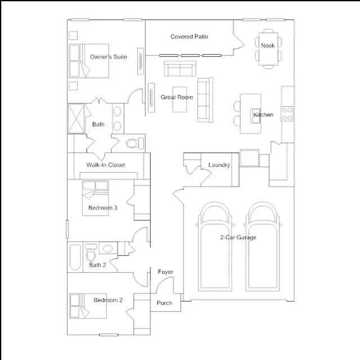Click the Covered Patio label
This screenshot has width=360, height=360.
coord(189,37)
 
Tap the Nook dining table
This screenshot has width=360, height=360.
coord(268,49)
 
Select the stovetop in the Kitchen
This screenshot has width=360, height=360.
coord(287,114)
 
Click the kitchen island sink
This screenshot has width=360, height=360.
coord(255,116)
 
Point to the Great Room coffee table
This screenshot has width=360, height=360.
coord(179,100)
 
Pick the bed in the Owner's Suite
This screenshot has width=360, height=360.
coord(89,61)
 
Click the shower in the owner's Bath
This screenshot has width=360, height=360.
coord(76,119)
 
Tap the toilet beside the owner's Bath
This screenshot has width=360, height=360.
coord(135,143)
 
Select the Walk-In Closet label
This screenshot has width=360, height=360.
coord(106,165)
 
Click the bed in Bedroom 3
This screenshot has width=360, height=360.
coord(96,198)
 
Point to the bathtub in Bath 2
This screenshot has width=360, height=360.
coord(75,257)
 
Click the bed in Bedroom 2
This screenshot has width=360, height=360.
coord(88,306)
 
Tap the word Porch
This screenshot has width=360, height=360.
coord(164,303)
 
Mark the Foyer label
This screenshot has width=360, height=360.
coord(165,272)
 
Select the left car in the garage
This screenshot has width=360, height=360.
coord(215,246)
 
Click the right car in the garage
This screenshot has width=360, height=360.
coord(263,246)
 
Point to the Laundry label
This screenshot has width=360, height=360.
coord(219,165)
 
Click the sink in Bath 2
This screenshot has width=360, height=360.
coord(108,249)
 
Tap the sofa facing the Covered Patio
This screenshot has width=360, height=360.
coord(180,69)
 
